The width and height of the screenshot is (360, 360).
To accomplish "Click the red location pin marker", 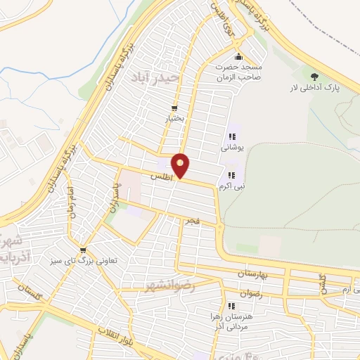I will (x=181, y=165).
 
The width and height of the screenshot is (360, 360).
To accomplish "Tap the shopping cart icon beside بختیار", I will (x=174, y=108).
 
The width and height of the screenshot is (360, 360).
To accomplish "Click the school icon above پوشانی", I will (x=231, y=136).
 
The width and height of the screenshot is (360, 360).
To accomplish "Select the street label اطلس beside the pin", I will (x=161, y=176).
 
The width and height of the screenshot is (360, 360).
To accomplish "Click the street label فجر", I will (x=191, y=221).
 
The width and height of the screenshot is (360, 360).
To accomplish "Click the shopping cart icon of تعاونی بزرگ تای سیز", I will (x=84, y=250).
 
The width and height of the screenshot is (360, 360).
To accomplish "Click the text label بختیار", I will (x=174, y=120).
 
